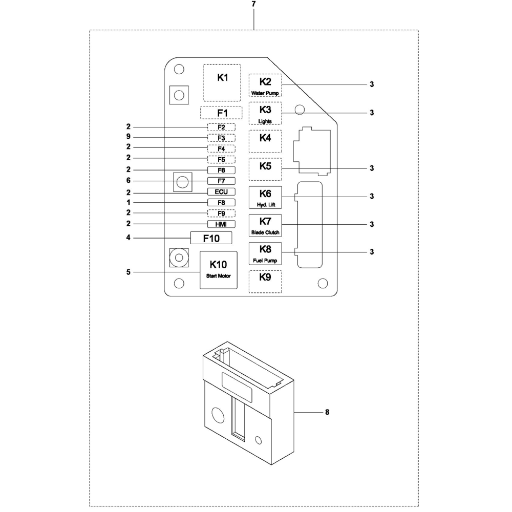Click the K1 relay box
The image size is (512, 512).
pyautogui.click(x=222, y=82)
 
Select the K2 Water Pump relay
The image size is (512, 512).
pyautogui.click(x=265, y=85)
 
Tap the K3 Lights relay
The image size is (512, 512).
pyautogui.click(x=265, y=113)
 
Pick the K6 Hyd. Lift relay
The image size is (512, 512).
pyautogui.click(x=265, y=197)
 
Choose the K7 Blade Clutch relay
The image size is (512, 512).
pyautogui.click(x=265, y=225)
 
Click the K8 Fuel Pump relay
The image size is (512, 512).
pyautogui.click(x=265, y=253)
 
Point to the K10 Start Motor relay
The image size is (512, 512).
pyautogui.click(x=218, y=270)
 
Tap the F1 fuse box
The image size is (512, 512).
pyautogui.click(x=221, y=113)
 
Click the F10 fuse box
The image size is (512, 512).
pyautogui.click(x=211, y=238)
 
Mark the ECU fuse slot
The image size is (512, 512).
pyautogui.click(x=221, y=192)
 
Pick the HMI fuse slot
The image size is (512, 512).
pyautogui.click(x=221, y=224)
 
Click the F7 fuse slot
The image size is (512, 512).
pyautogui.click(x=221, y=181)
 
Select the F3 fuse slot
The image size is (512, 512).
pyautogui.click(x=221, y=138)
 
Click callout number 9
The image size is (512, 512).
pyautogui.click(x=129, y=137)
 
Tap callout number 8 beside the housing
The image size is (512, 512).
pyautogui.click(x=327, y=412)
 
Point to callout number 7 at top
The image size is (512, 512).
pyautogui.click(x=254, y=4)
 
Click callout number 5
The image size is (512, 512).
pyautogui.click(x=129, y=272)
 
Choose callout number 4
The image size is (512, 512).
pyautogui.click(x=129, y=238)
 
